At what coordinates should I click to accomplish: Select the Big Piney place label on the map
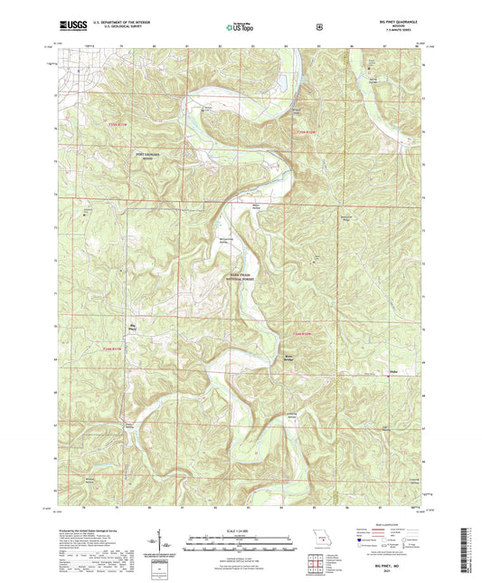134,329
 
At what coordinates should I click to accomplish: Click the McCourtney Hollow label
223,240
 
